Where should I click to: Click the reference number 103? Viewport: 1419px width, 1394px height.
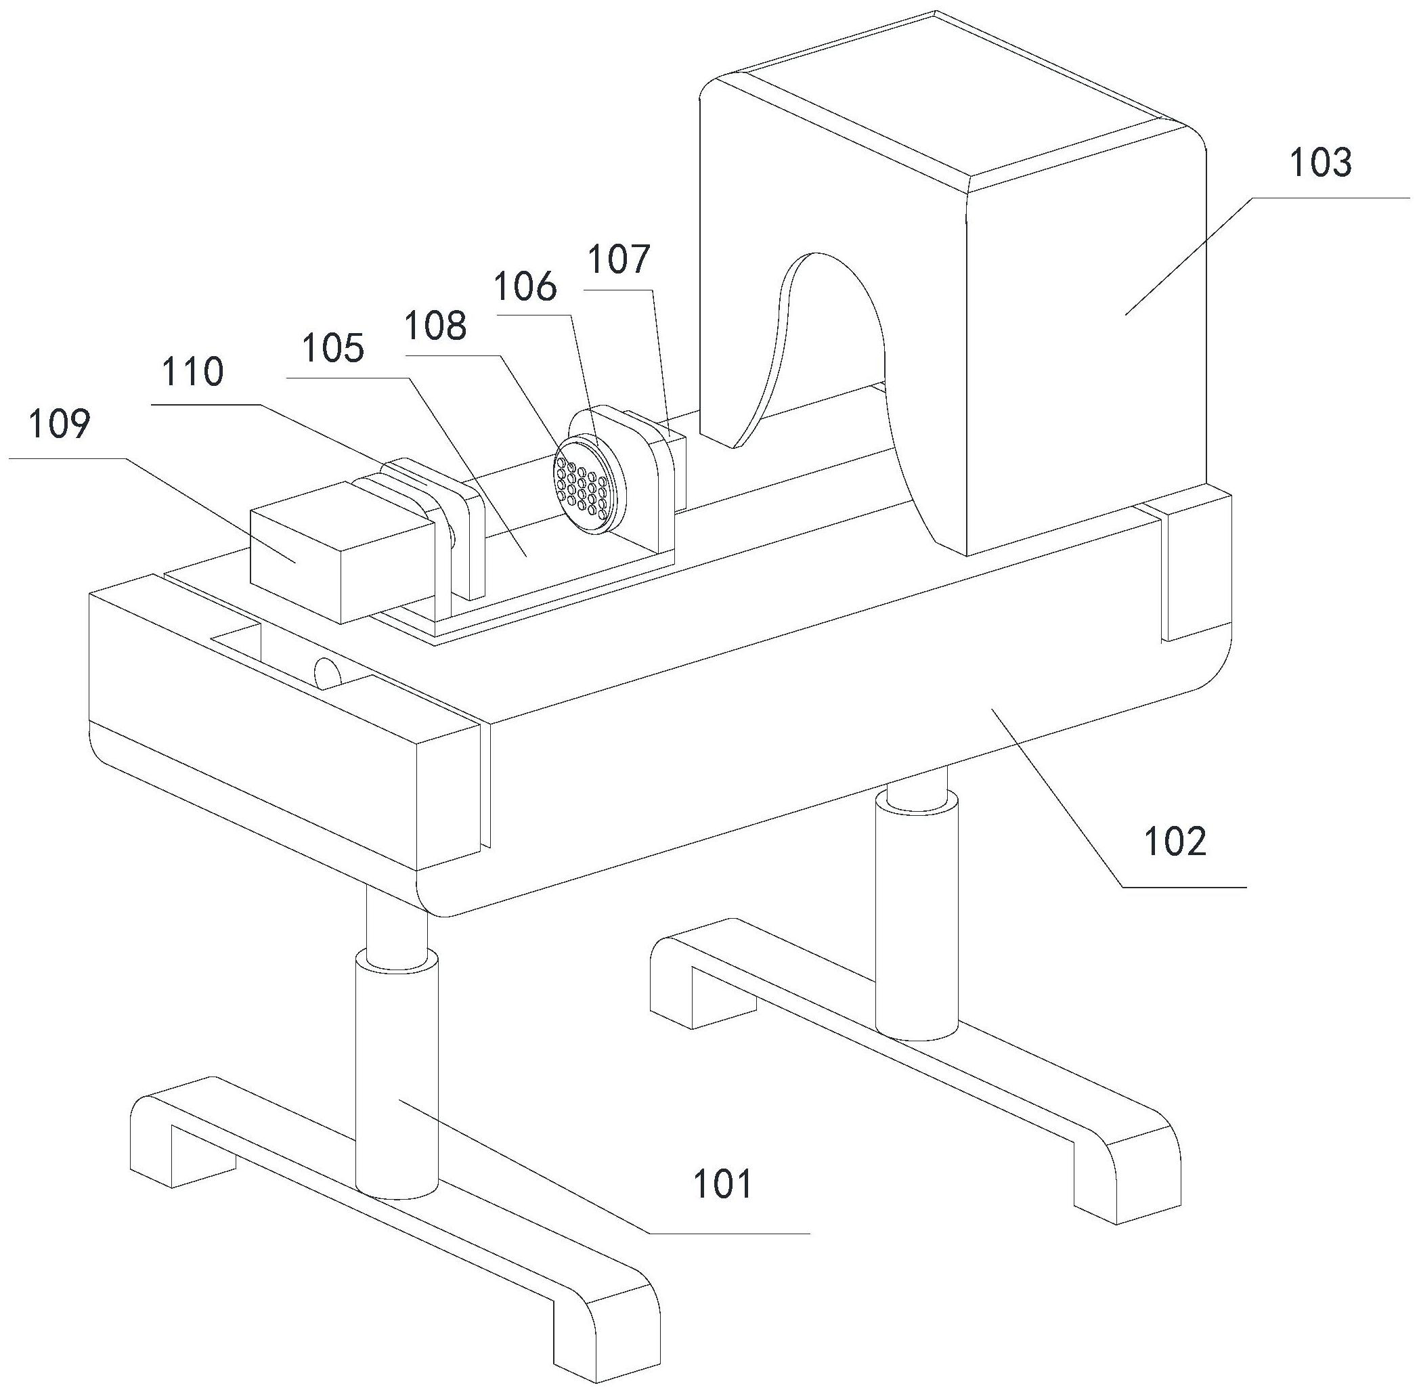[1320, 163]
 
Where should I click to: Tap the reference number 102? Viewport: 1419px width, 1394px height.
[1175, 842]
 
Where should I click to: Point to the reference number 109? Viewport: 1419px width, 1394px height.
[60, 424]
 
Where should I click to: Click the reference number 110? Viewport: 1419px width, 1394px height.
[192, 372]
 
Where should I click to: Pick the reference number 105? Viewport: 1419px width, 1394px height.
[334, 348]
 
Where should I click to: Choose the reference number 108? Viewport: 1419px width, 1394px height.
[437, 324]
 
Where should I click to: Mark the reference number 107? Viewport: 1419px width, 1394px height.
[619, 259]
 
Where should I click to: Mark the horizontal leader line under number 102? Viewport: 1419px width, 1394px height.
[1185, 887]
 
